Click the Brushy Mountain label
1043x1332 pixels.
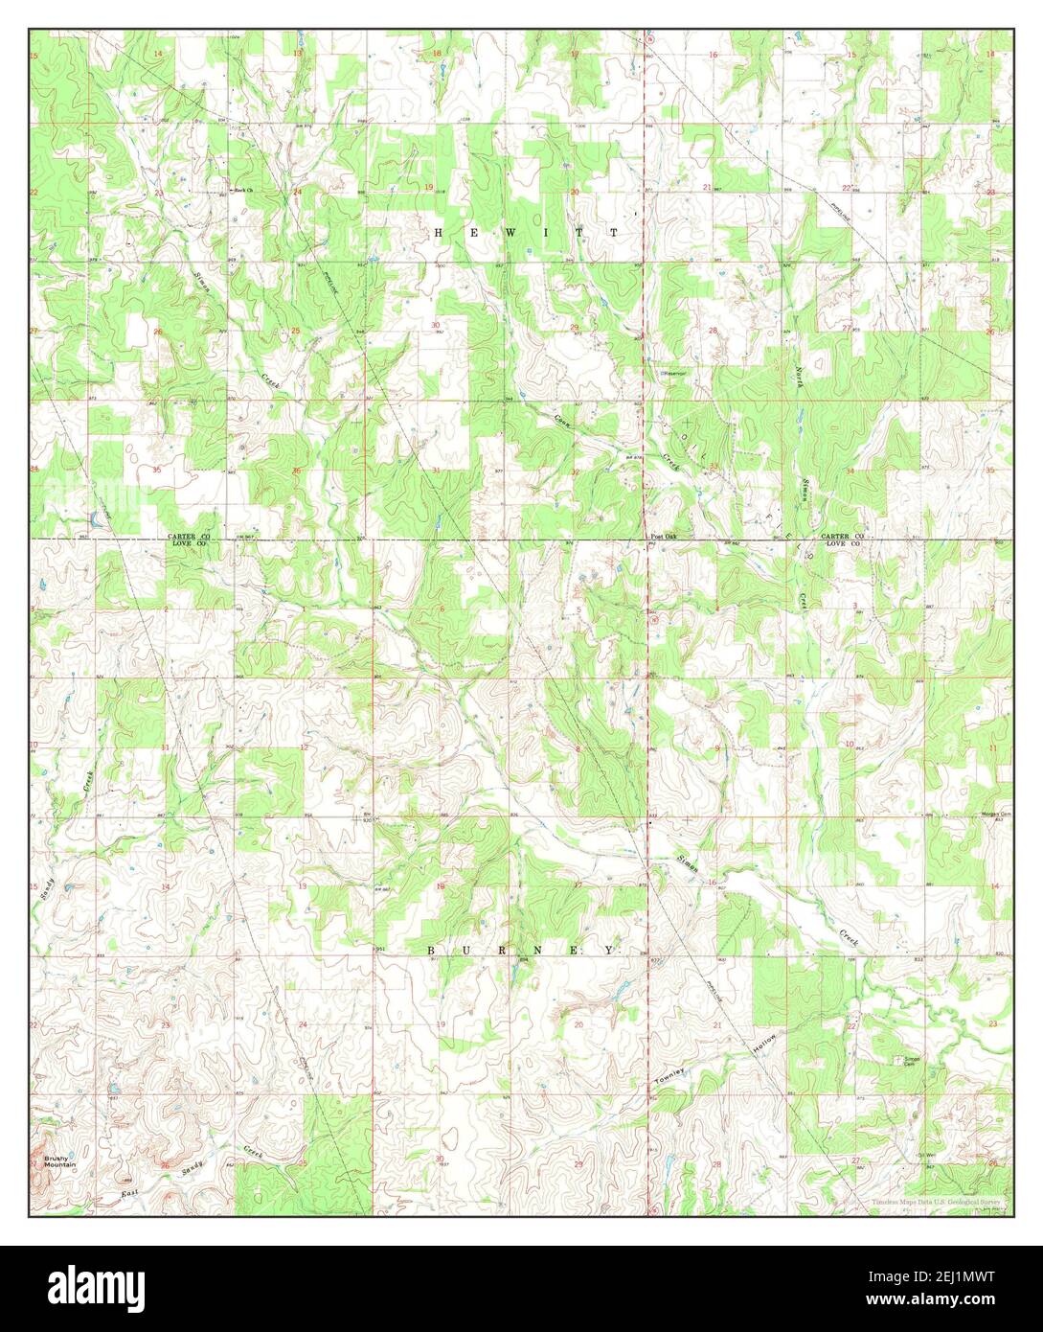pos(57,1160)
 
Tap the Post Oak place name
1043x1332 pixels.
pos(664,537)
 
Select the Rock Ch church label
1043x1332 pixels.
pos(242,191)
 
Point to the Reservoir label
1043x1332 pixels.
pos(673,373)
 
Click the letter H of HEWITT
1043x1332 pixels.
pos(440,233)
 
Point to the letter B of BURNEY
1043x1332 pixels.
pos(431,950)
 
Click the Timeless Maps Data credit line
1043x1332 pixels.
pos(935,1202)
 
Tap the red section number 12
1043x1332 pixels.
pos(304,746)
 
